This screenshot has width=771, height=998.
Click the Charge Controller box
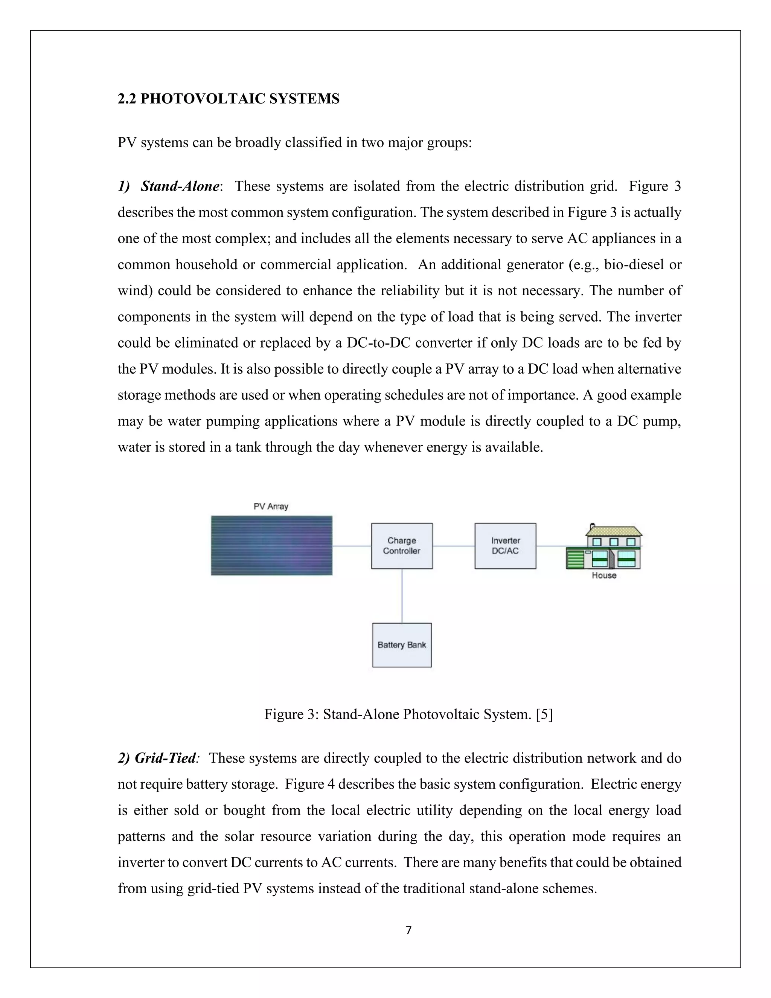tap(401, 546)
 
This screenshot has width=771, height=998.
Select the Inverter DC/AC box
tap(505, 546)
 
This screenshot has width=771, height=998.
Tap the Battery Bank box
tap(401, 645)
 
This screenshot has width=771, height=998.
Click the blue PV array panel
tap(271, 545)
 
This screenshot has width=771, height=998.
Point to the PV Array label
tap(271, 506)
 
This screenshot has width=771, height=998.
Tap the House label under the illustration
tap(604, 576)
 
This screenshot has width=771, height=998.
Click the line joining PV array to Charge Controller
tap(351, 546)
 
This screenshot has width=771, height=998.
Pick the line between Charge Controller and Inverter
tap(454, 546)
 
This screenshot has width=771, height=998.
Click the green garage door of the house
tap(575, 560)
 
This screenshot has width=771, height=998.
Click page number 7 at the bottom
tap(408, 930)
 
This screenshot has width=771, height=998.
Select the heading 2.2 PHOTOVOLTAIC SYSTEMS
tap(229, 99)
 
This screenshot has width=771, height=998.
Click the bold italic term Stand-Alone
tap(180, 186)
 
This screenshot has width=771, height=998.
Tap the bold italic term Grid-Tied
tap(165, 758)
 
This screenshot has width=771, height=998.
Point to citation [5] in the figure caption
tap(544, 714)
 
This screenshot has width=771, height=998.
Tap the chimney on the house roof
tap(593, 525)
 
